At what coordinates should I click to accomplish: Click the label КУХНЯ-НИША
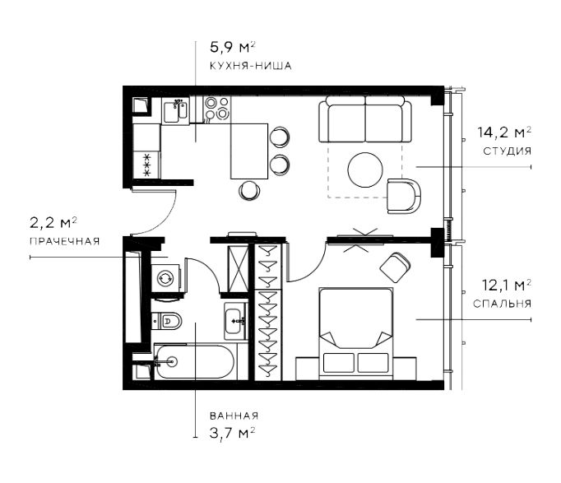click(x=250, y=66)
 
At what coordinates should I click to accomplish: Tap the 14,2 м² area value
click(x=504, y=132)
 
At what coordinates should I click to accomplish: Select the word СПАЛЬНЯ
click(x=502, y=304)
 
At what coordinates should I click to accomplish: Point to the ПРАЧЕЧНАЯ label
click(x=64, y=241)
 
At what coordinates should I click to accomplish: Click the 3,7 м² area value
click(x=233, y=433)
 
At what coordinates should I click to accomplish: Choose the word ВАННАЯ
click(x=234, y=416)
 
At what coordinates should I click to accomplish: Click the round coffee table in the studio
click(x=365, y=170)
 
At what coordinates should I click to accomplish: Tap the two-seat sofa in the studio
click(x=365, y=121)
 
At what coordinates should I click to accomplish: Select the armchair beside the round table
click(x=404, y=196)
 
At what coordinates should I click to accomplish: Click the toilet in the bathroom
click(x=167, y=321)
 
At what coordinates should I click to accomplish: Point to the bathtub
click(x=195, y=362)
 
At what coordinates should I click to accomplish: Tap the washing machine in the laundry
click(x=165, y=278)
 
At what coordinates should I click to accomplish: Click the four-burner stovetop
click(x=217, y=109)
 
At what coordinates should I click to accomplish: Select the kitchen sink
click(x=175, y=110)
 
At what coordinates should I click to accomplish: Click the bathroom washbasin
click(x=235, y=321)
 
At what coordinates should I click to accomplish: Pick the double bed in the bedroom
click(x=356, y=333)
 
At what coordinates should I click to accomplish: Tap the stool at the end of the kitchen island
click(x=249, y=190)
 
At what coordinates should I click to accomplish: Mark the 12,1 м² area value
click(x=506, y=286)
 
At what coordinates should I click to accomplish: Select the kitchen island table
click(x=249, y=151)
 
